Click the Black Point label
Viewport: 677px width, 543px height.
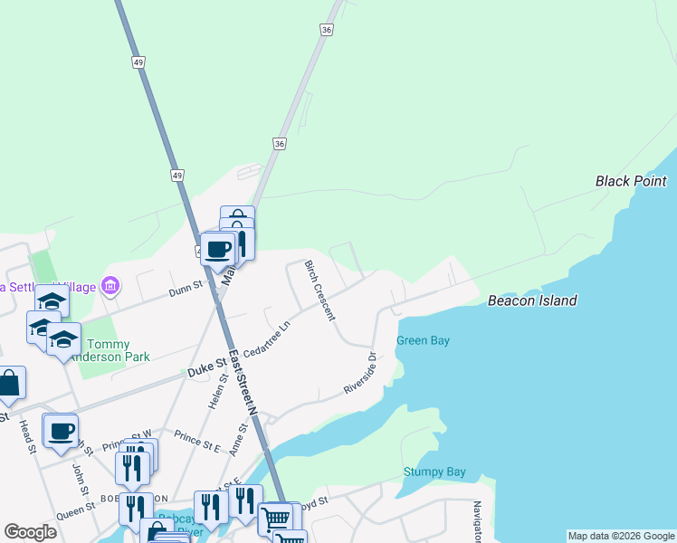[631, 181]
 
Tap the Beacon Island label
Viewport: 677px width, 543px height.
[532, 300]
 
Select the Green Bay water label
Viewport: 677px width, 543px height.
[423, 340]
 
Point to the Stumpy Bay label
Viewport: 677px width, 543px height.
[434, 472]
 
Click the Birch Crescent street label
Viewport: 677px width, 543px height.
[319, 290]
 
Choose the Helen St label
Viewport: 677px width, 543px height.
[215, 391]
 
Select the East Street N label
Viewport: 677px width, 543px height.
[243, 382]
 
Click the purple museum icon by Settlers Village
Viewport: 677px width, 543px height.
[110, 287]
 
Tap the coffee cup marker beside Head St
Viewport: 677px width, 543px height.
[61, 433]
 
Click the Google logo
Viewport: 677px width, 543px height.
[30, 532]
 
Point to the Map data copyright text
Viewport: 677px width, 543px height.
[621, 536]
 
